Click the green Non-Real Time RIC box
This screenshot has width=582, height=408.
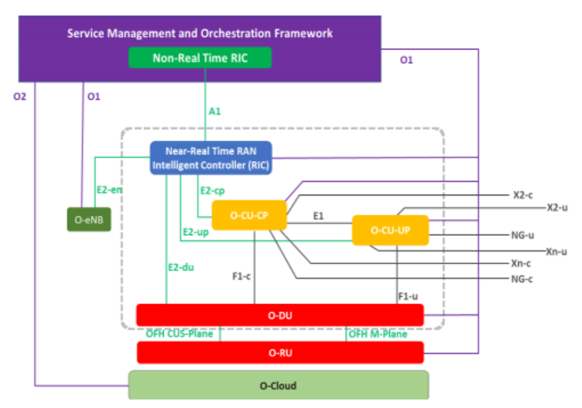tap(200, 58)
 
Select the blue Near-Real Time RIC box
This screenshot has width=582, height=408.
tap(211, 158)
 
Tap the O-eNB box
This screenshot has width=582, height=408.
tap(89, 219)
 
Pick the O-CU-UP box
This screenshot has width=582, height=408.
tap(390, 230)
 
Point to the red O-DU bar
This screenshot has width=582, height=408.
tap(280, 315)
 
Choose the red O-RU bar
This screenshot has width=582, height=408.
tap(280, 352)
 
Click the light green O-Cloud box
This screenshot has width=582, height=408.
tap(278, 385)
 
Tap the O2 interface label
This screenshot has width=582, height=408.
tap(19, 96)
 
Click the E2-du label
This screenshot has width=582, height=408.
tap(180, 266)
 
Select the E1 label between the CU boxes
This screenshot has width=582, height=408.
tap(318, 216)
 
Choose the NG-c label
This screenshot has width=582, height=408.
tap(522, 279)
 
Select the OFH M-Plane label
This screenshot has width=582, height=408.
tap(377, 334)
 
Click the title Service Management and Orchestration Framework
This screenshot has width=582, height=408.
tap(200, 33)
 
